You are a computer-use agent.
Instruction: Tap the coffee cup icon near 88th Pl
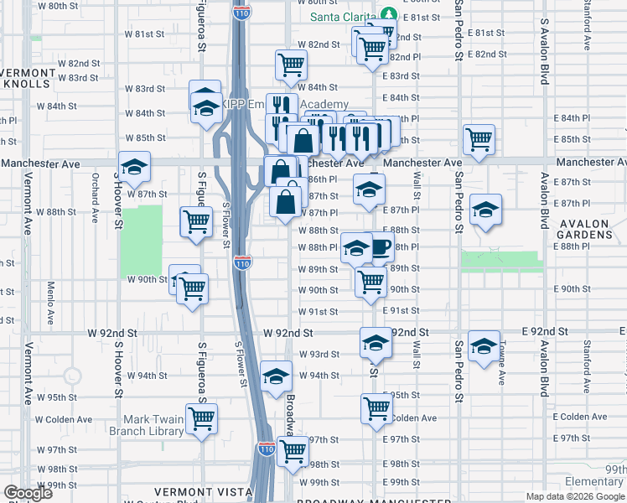click(381, 246)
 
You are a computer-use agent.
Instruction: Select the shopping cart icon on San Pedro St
click(479, 138)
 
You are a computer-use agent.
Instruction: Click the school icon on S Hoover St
click(133, 168)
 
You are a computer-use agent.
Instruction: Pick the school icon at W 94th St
click(275, 377)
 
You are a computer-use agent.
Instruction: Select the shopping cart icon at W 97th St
click(293, 450)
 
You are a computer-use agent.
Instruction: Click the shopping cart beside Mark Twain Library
click(201, 417)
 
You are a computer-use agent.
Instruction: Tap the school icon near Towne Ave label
click(484, 345)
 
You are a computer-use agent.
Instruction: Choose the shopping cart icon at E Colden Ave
click(376, 408)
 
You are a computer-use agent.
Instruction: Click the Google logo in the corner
click(28, 493)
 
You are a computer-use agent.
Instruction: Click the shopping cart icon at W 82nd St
click(291, 63)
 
